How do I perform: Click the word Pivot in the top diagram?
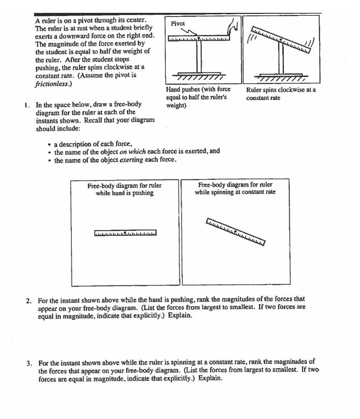(x=178, y=24)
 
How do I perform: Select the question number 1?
(x=26, y=105)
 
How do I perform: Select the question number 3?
(x=28, y=363)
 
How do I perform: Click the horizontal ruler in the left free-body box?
(x=125, y=233)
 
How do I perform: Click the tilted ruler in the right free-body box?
(x=235, y=232)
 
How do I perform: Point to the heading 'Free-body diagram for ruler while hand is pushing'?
(x=125, y=189)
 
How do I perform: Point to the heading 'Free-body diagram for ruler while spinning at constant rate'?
(x=235, y=189)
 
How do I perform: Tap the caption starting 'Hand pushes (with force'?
(x=198, y=97)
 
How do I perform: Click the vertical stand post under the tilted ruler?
(x=281, y=59)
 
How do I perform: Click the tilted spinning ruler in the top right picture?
(x=281, y=39)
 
